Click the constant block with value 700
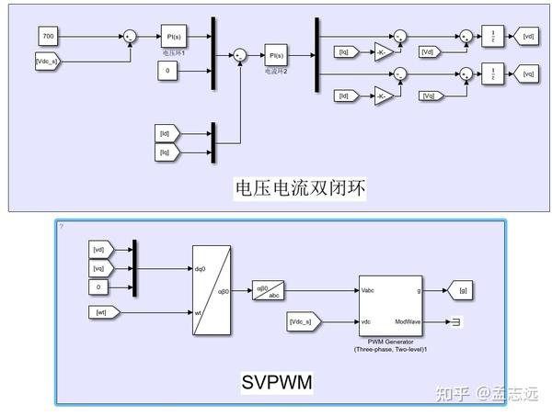(50, 36)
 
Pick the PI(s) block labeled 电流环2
(277, 54)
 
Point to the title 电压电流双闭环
(300, 188)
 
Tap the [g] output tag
(462, 291)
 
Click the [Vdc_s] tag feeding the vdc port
(304, 321)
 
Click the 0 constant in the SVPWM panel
(102, 287)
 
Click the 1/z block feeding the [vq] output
(494, 73)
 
